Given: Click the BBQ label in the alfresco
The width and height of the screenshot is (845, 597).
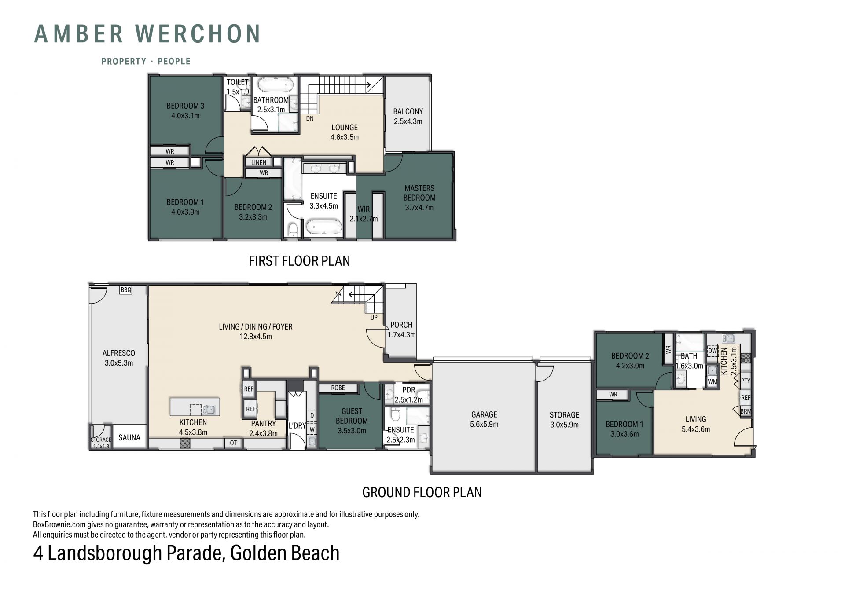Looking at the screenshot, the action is [x=126, y=290].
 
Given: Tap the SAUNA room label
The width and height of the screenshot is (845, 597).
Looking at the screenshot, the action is [x=129, y=437].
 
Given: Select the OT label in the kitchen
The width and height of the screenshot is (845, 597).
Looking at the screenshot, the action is [x=233, y=443].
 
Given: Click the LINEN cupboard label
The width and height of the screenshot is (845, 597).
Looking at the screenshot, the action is [x=259, y=162].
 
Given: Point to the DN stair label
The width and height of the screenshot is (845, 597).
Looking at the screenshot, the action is [x=310, y=118].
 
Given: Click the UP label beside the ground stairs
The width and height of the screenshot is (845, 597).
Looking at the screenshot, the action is [x=374, y=317].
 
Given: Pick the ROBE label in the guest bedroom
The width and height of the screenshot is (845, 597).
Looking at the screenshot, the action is [x=338, y=388].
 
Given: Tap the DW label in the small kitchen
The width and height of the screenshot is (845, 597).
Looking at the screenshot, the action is [x=713, y=351].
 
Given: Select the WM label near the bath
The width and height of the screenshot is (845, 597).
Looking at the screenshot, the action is [x=713, y=382].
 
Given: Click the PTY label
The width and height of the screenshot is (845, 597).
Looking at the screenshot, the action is [x=746, y=381].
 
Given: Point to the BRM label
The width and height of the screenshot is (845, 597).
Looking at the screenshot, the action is [x=746, y=411].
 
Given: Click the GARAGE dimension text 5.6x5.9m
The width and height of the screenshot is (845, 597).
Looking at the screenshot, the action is [x=484, y=425].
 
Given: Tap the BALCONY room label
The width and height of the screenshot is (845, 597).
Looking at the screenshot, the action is [x=408, y=112].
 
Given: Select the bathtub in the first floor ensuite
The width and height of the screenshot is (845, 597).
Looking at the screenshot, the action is [x=323, y=227].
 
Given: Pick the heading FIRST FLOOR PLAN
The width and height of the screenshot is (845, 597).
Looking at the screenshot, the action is [x=299, y=261].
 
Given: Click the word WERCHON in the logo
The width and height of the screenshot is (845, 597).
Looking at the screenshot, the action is [x=198, y=34].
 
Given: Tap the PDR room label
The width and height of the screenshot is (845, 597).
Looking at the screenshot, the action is [x=409, y=390].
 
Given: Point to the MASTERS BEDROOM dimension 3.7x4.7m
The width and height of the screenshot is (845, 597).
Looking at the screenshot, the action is [x=419, y=208].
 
